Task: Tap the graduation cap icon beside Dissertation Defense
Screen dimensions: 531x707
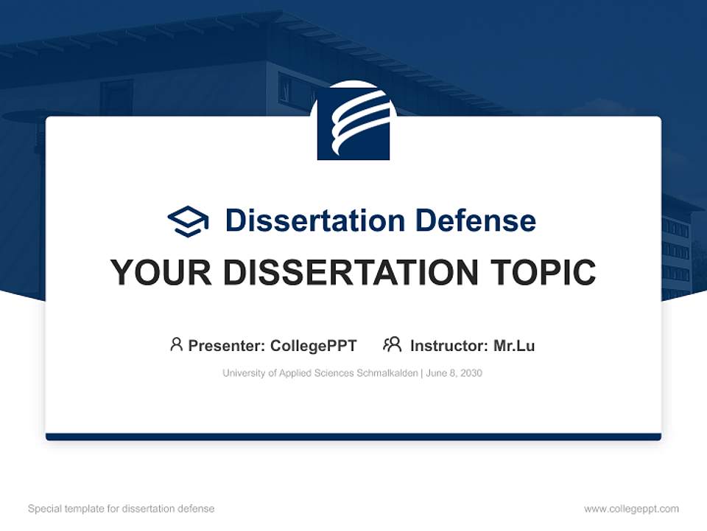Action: coord(189,221)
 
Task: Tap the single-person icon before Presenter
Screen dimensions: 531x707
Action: coord(176,344)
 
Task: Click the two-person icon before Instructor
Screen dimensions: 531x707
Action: coord(393,344)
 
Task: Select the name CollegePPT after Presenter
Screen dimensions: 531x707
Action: coord(314,345)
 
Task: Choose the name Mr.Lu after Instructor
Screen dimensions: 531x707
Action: coord(514,345)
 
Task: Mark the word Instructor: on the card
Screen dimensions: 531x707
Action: coord(449,345)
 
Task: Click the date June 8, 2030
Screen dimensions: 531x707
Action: coord(454,373)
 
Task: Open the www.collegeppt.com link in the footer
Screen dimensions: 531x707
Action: coord(631,509)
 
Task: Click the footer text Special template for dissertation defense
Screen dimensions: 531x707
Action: coord(121,509)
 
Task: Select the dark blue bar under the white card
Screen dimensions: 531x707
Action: coord(353,437)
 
